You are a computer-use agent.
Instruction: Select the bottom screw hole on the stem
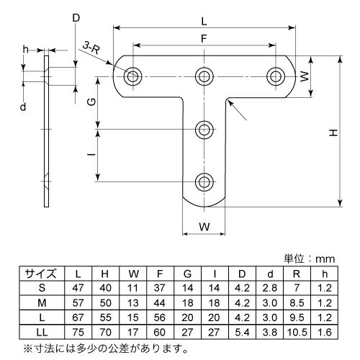pos(206,181)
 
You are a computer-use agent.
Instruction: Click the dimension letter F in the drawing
pos(206,37)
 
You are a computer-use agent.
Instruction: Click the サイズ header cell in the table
pos(37,274)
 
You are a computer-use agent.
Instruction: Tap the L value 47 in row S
pos(78,289)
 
